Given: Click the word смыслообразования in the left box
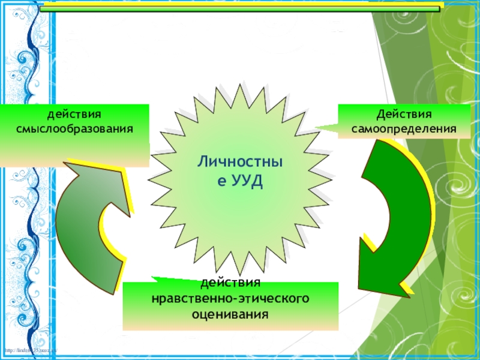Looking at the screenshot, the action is point(74,128).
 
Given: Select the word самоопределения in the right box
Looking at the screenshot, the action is point(404,128).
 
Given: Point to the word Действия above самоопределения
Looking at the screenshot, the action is point(404,114).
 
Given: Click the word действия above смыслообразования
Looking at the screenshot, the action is point(74,114).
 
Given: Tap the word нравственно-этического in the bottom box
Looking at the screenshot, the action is point(230,298).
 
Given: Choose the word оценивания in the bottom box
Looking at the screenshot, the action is point(230,313).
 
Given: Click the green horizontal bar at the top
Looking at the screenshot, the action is point(240,7).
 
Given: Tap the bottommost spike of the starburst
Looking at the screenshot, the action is point(241,273).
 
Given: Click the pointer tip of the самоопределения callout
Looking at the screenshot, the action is point(316,127).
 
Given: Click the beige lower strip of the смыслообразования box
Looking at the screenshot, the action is point(74,158).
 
